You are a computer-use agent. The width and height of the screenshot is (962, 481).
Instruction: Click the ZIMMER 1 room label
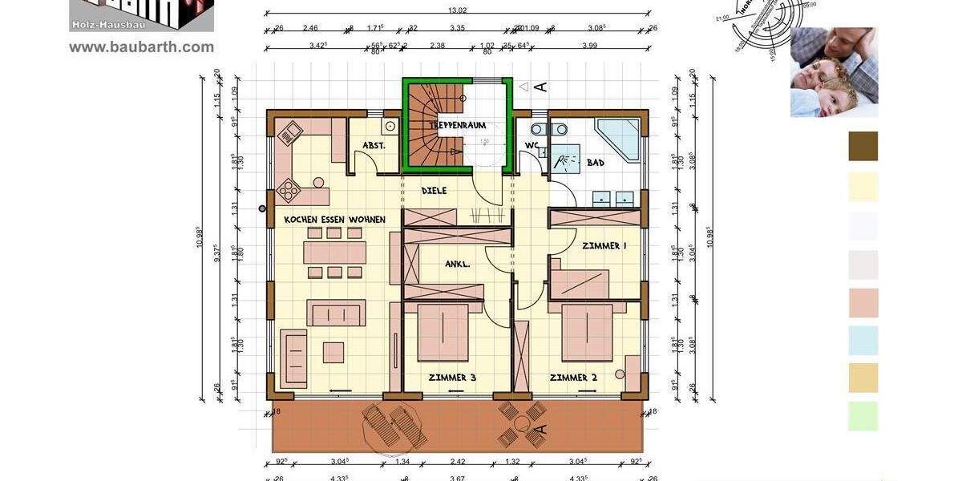coord(604,246)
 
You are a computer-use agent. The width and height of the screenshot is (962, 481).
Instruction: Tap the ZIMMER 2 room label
coord(573,377)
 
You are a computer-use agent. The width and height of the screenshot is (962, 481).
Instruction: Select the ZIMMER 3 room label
coord(452,377)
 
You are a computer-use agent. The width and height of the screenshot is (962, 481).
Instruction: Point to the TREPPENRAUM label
coord(458,126)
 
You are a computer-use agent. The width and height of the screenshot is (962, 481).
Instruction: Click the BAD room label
coord(596,163)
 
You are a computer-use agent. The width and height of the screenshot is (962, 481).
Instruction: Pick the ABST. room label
coord(374,146)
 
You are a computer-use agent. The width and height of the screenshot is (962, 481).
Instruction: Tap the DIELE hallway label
coord(434,191)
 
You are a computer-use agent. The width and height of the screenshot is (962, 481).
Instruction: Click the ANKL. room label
coord(457,263)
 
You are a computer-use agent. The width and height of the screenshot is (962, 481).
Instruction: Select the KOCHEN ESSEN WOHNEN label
coord(334,220)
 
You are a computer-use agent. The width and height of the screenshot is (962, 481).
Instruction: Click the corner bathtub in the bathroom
coord(619,138)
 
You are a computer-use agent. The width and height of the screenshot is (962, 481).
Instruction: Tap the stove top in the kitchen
coord(287,192)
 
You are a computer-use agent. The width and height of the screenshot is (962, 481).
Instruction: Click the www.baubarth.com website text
coord(141,47)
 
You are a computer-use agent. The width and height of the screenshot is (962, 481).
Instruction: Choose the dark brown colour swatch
coord(863,147)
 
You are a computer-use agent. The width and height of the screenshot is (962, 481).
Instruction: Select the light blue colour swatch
coord(863,341)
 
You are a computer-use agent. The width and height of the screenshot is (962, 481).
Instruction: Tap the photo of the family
coord(834,72)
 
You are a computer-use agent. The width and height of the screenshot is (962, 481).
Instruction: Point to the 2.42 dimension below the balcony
coord(458,462)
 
